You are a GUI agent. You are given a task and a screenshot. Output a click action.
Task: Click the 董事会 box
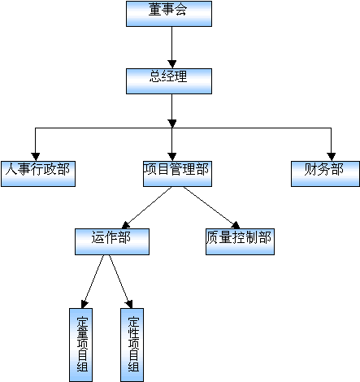point(169,14)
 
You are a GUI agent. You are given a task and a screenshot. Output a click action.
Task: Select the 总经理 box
point(169,81)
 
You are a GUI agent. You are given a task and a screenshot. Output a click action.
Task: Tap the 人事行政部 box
point(38,174)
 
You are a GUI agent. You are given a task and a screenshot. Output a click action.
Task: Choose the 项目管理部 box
point(177,174)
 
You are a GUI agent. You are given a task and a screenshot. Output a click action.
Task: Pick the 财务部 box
point(326,174)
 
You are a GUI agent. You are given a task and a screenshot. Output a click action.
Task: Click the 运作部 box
point(112,241)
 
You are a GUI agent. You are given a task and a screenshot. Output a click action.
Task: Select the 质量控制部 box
point(240,241)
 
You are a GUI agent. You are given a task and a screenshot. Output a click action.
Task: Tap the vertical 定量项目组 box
point(80,345)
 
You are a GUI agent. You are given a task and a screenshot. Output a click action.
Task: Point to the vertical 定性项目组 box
point(132,345)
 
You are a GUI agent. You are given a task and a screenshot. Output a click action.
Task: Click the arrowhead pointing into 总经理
point(171,64)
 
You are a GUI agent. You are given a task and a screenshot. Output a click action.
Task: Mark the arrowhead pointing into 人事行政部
point(35,157)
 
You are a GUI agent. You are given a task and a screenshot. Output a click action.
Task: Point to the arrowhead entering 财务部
point(331,157)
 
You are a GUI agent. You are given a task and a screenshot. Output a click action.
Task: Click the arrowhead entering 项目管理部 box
point(171,157)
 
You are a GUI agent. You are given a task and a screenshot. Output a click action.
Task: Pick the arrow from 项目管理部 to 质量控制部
point(212,208)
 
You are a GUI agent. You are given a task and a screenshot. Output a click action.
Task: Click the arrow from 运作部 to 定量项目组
point(93,281)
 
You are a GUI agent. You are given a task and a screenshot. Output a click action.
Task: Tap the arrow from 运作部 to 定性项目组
point(121,281)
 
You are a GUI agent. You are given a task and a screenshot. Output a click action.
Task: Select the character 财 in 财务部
point(310,169)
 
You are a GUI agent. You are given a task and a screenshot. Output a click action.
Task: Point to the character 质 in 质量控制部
point(212,237)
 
